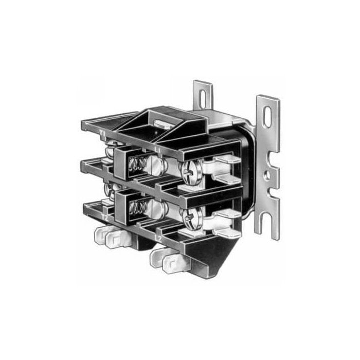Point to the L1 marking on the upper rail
[161, 149]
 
